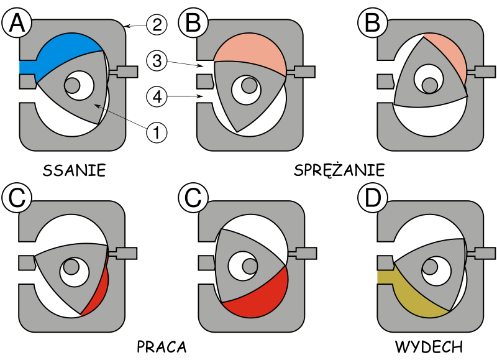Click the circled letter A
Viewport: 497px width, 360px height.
click(17, 23)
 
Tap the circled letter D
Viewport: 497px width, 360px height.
click(372, 198)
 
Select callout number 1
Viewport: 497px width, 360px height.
click(157, 132)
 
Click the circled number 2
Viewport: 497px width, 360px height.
click(157, 25)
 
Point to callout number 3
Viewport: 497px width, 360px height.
click(157, 60)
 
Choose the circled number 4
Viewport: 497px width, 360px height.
click(157, 96)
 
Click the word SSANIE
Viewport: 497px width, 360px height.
click(74, 170)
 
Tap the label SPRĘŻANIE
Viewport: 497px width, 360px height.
click(339, 170)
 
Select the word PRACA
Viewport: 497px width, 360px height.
click(162, 347)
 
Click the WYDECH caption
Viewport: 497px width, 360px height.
click(429, 347)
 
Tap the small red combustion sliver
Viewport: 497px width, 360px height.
click(99, 288)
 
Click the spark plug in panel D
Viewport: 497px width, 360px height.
click(482, 253)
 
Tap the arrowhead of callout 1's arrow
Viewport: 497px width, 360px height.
click(96, 105)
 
